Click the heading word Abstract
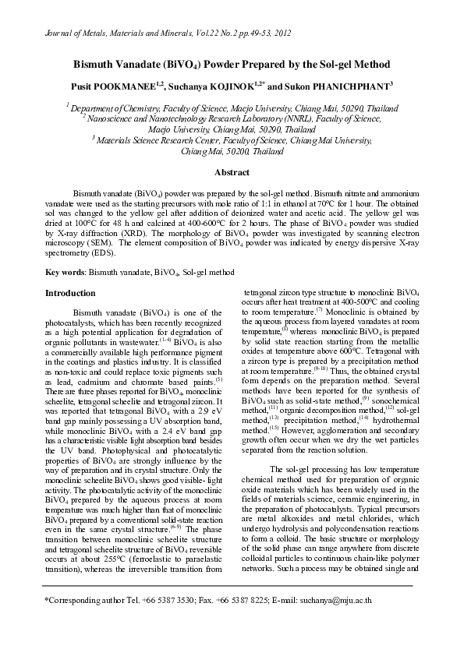point(232,172)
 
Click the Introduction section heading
point(73,294)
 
